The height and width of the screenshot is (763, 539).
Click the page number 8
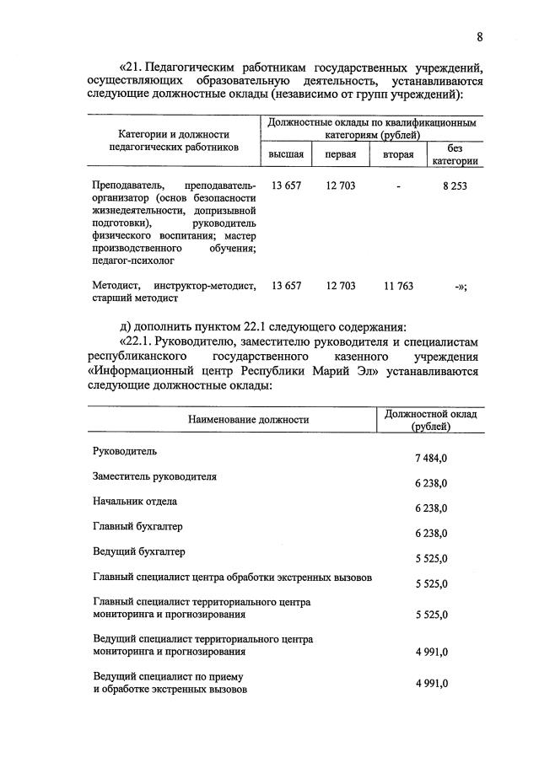479,36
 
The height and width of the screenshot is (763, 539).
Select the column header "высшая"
286,155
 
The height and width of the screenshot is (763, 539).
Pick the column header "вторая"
398,155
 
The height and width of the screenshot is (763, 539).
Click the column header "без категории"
455,155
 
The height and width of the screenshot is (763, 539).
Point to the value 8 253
454,186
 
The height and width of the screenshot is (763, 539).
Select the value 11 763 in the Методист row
397,287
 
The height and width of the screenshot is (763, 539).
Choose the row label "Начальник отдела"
134,502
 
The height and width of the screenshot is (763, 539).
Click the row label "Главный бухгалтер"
137,527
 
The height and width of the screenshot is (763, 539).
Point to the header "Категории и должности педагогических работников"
174,140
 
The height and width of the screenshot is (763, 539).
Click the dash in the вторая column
397,186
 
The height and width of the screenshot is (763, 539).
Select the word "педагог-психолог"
128,262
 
